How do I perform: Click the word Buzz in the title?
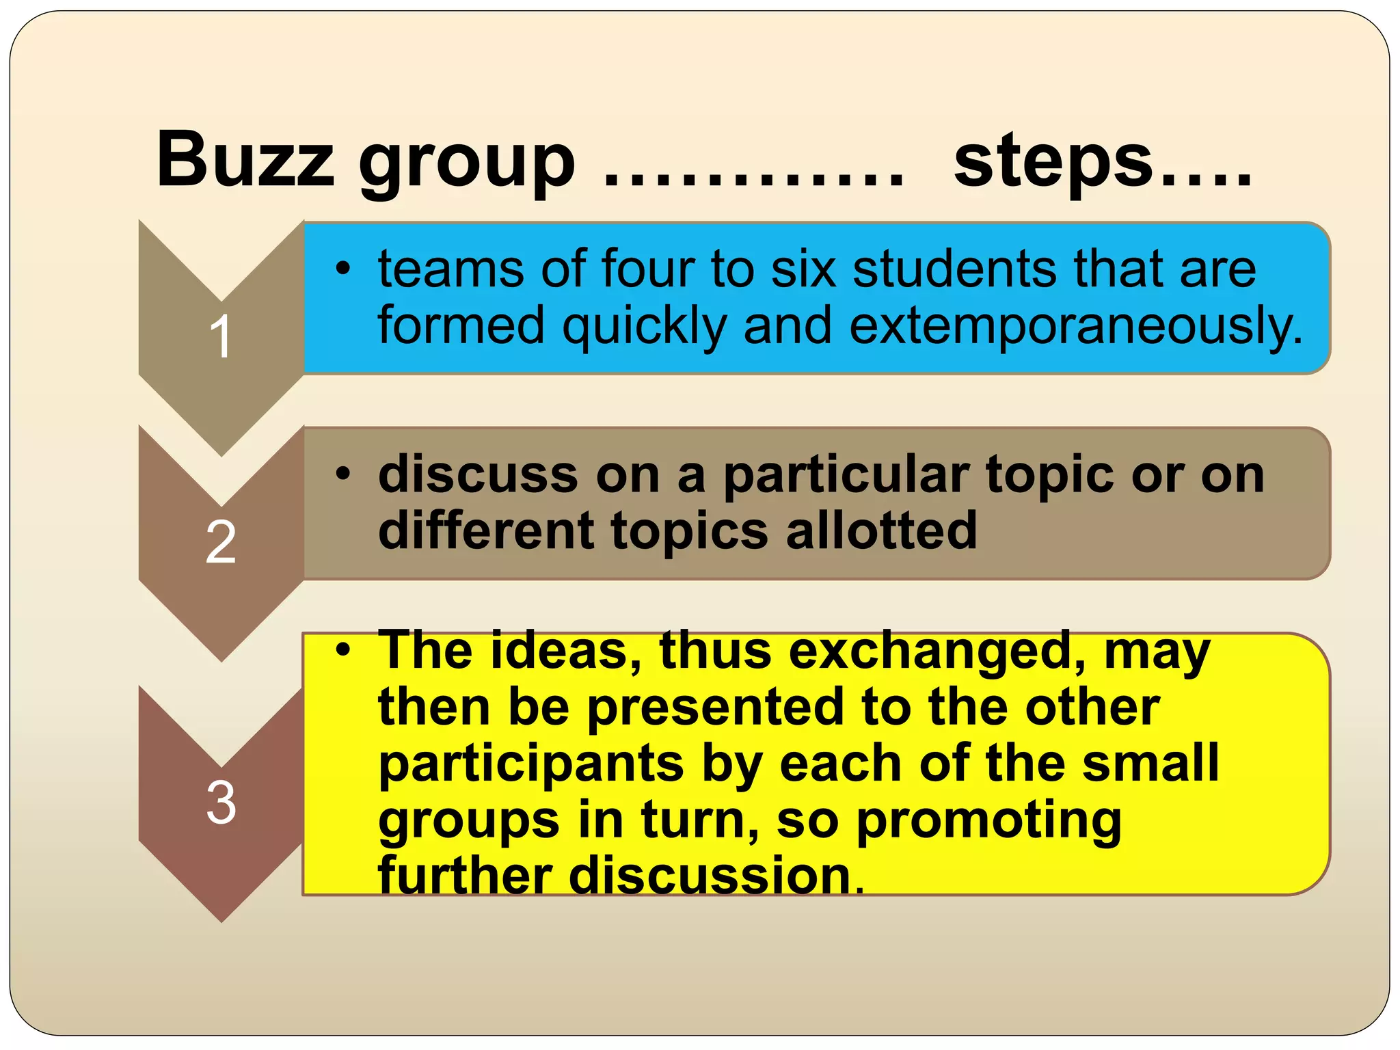(x=245, y=160)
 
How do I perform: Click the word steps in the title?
(x=1053, y=161)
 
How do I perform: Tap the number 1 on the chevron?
(x=221, y=336)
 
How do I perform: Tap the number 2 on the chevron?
(x=221, y=542)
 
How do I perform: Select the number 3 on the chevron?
(x=221, y=803)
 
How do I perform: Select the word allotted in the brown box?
(x=881, y=531)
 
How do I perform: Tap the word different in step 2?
(x=486, y=531)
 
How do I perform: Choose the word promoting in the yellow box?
(x=988, y=820)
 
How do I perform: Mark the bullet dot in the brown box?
(x=343, y=473)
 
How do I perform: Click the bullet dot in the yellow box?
(x=343, y=649)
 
